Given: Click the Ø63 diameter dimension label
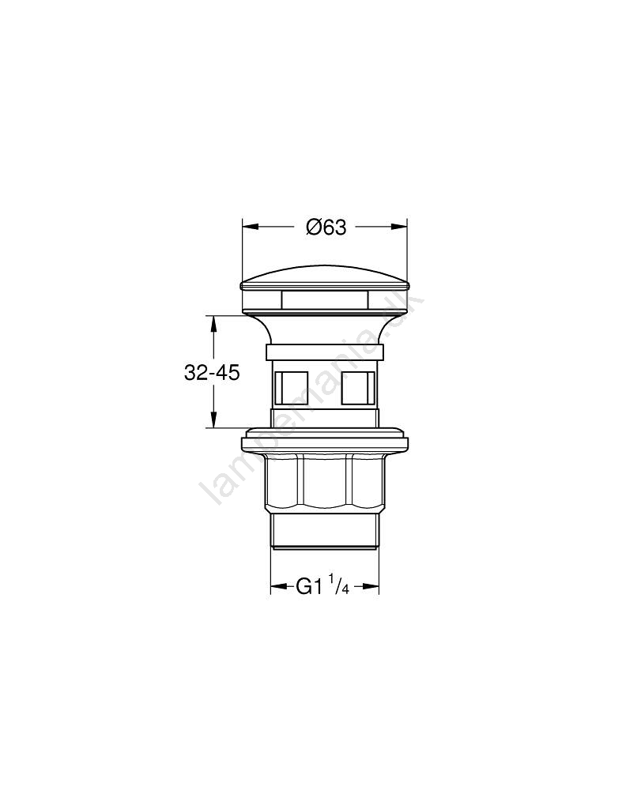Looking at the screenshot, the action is click(x=326, y=228).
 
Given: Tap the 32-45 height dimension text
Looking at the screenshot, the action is click(x=212, y=374).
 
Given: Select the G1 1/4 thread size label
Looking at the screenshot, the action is click(x=322, y=586).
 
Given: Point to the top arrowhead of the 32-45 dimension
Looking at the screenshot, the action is click(x=213, y=324).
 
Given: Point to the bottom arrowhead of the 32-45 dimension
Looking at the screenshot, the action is click(x=213, y=419).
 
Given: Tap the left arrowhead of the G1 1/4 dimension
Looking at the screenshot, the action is click(x=279, y=586).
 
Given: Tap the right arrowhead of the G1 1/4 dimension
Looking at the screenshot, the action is click(x=371, y=586).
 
